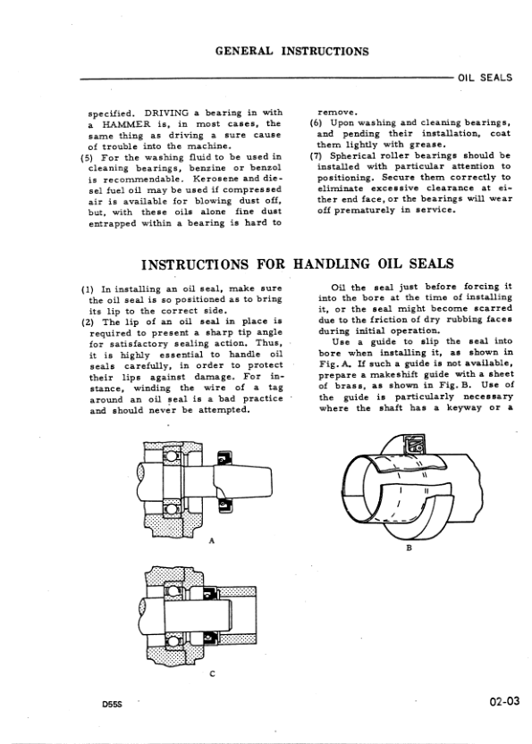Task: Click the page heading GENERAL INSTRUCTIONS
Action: click(x=291, y=51)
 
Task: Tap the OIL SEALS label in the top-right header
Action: click(x=485, y=78)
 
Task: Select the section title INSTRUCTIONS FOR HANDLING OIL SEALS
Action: click(x=298, y=263)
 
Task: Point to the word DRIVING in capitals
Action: click(x=166, y=113)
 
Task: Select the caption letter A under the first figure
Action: click(x=212, y=540)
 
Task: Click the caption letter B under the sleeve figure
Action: click(x=409, y=548)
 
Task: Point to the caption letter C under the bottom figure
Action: click(x=212, y=673)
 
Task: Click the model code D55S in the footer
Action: click(x=112, y=704)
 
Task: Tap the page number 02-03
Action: click(x=503, y=701)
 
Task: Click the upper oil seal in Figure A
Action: click(x=224, y=458)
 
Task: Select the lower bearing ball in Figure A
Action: click(x=172, y=510)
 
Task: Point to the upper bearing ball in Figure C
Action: click(x=172, y=591)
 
